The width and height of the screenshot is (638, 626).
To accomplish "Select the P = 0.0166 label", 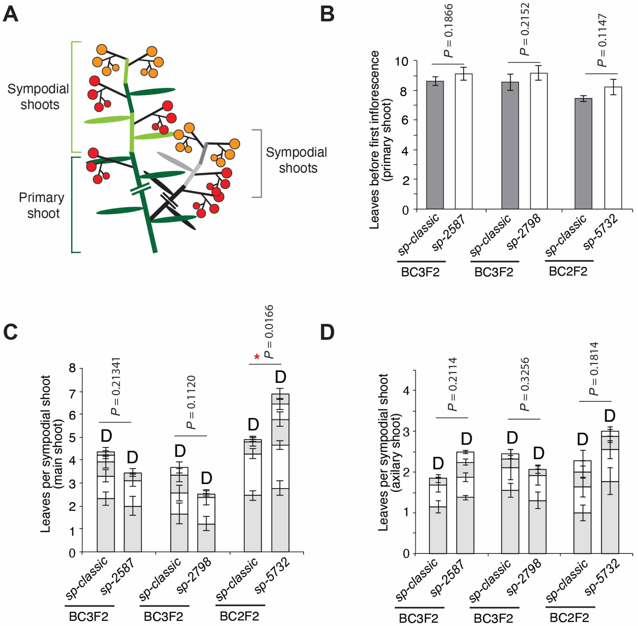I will click(269, 331).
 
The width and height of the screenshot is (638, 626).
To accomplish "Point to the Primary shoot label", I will click(41, 205).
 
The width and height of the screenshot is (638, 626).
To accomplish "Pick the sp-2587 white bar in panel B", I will click(464, 141).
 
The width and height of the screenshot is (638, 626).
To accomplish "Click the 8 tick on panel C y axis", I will click(72, 368).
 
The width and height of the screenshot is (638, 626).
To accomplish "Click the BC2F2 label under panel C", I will click(239, 616).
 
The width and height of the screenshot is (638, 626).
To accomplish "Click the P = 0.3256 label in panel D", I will click(525, 384).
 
